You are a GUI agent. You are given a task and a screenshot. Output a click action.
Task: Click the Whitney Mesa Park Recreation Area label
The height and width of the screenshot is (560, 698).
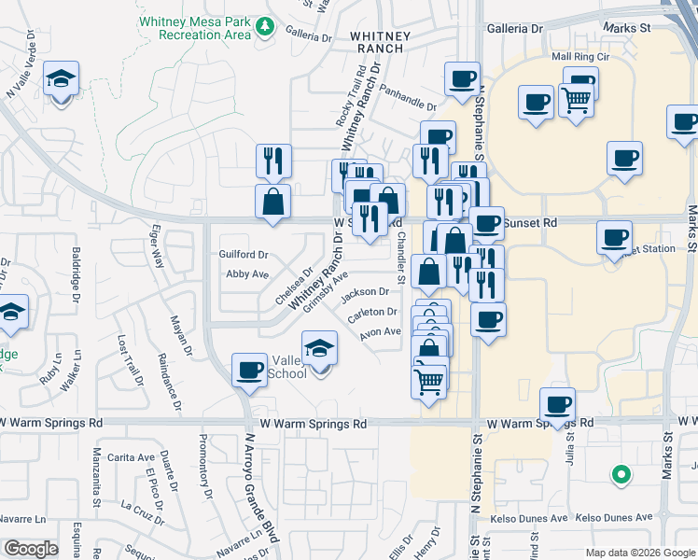pos(194,27)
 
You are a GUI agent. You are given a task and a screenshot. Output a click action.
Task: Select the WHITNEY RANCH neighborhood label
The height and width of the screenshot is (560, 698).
pos(380,42)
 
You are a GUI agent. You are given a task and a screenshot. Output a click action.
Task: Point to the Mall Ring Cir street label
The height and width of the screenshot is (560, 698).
pos(579,57)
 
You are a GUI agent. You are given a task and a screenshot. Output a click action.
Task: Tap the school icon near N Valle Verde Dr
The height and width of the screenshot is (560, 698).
pos(61,80)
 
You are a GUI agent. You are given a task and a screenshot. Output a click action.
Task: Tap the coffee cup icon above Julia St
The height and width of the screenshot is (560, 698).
pos(558,406)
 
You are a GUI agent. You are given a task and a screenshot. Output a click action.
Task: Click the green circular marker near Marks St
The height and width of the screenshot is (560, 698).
pos(621,475)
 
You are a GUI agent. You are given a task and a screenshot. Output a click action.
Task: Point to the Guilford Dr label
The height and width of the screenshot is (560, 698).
pos(244,254)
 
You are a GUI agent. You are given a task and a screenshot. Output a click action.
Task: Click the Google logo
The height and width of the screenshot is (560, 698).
pos(31,549)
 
